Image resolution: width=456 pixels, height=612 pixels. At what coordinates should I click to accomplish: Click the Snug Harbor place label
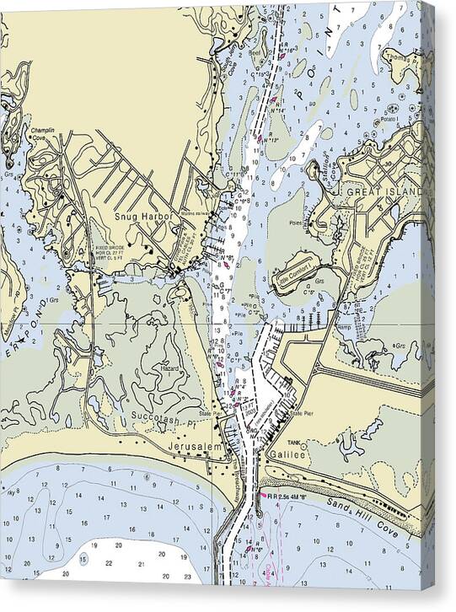click(x=144, y=217)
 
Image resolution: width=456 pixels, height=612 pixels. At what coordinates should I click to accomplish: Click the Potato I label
click(x=390, y=121)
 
